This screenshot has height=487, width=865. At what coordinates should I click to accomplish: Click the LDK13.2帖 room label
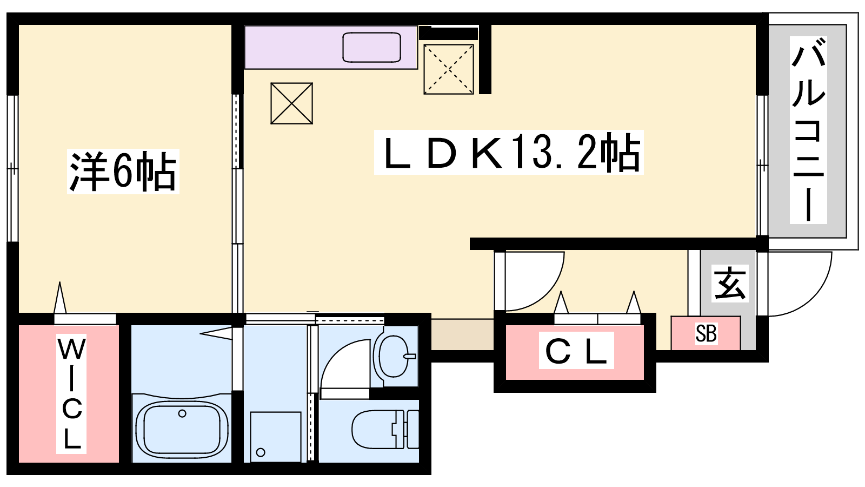point(509,152)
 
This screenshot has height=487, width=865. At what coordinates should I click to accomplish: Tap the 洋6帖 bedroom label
point(123,171)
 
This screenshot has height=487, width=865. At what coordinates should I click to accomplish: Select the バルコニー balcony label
point(808,130)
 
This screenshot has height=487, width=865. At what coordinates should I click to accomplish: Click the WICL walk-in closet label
point(71,393)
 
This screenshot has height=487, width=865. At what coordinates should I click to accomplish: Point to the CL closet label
point(576,350)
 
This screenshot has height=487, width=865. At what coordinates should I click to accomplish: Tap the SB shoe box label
point(706,333)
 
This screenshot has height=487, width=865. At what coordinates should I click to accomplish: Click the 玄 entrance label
point(729,284)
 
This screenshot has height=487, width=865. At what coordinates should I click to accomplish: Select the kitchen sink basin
point(371,47)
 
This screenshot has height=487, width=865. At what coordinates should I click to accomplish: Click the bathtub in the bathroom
point(182,429)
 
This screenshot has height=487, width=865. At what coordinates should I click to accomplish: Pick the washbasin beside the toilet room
point(394,356)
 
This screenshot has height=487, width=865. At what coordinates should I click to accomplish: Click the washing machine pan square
point(275,437)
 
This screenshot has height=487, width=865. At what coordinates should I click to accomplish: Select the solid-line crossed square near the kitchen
point(291,103)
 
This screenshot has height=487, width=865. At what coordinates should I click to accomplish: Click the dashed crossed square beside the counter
point(448,69)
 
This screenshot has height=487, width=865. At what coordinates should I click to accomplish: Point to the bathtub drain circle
point(182,413)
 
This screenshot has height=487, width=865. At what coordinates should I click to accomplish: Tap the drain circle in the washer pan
point(261,452)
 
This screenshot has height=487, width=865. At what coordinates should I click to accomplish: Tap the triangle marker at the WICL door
point(60,298)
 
